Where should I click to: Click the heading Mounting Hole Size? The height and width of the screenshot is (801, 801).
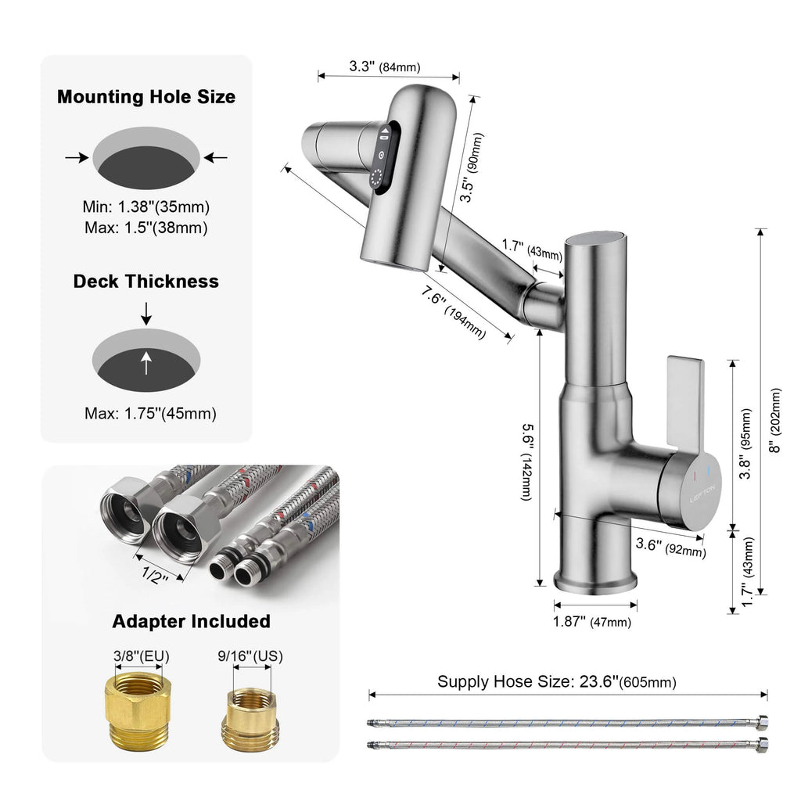coord(146,98)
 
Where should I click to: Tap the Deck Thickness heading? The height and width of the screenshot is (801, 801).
coord(146,281)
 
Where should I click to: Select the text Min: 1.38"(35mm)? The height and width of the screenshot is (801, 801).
coord(146,208)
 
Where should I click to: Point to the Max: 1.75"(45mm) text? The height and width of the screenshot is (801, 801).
coord(150,414)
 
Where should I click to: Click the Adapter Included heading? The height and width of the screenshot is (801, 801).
coord(191,621)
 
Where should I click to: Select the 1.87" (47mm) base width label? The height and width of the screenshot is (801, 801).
coord(592,622)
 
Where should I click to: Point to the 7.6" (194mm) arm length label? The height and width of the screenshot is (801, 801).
coord(453,309)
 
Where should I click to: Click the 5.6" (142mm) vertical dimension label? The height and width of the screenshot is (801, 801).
coord(528,462)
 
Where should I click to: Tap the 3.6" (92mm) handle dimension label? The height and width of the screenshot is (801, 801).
coord(670,547)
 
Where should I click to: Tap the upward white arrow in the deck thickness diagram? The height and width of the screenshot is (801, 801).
coord(146,361)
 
